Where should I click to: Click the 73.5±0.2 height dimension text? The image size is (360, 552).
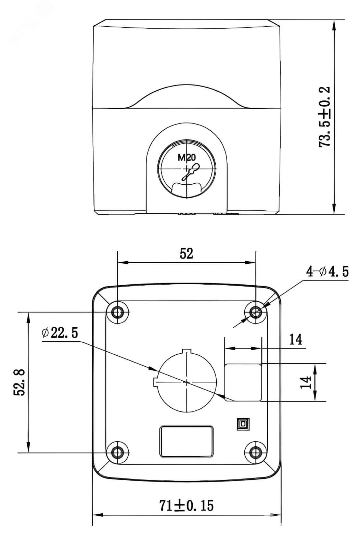point(324,117)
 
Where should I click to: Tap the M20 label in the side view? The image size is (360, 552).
point(187,157)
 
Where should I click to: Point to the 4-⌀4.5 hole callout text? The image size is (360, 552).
point(327,272)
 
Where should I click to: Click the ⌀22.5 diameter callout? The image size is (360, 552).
point(60,332)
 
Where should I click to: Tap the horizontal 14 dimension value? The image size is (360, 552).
point(295,339)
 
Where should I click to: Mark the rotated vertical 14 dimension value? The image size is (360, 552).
point(305,382)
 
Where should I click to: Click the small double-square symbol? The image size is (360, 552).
point(243,424)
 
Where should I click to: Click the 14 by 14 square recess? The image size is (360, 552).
point(243,382)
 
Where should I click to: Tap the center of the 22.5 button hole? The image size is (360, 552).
point(187,382)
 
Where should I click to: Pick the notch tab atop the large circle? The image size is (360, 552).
point(187,351)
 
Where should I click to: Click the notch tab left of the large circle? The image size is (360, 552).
point(155,382)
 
